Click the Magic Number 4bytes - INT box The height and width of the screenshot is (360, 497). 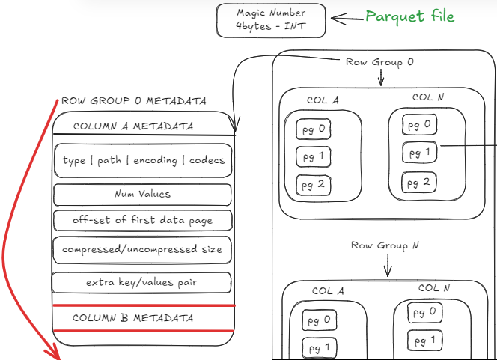tap(270, 20)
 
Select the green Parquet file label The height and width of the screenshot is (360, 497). tap(409, 16)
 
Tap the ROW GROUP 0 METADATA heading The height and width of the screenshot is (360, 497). tap(133, 100)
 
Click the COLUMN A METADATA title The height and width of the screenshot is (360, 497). tap(132, 126)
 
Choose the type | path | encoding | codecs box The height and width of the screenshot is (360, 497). tap(143, 160)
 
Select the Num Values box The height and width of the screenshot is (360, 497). tap(142, 194)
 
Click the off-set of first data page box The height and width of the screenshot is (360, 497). tap(142, 220)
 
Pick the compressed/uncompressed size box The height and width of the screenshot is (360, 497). tap(142, 249)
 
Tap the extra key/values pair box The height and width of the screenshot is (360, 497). tap(142, 282)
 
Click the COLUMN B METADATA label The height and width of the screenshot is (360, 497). tap(132, 318)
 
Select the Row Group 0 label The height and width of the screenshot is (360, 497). tap(379, 62)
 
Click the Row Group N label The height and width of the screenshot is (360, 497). tap(379, 245)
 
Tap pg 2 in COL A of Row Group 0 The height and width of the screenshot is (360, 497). tap(313, 184)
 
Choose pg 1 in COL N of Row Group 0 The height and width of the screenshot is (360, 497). tap(419, 153)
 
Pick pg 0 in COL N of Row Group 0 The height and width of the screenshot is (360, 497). tap(419, 125)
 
